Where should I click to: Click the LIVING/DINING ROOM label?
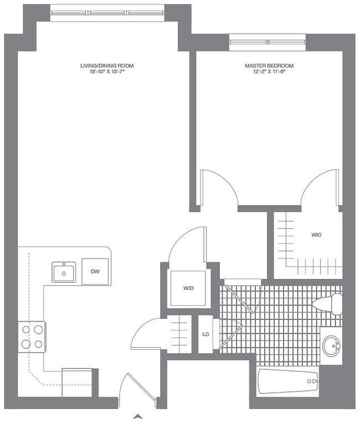[106, 65]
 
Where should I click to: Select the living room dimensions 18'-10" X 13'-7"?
[106, 72]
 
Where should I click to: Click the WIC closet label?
[316, 235]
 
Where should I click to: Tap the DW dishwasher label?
[95, 271]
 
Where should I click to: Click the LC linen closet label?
[205, 334]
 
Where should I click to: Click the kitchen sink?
[64, 272]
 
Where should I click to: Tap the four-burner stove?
[32, 337]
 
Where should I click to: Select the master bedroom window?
[268, 42]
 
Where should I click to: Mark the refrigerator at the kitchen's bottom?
[77, 382]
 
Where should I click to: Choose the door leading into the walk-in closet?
[320, 188]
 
